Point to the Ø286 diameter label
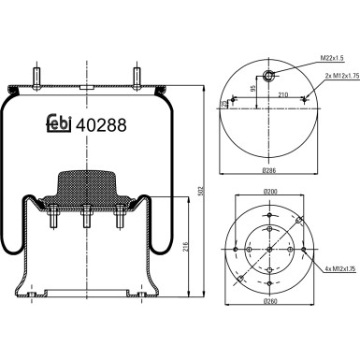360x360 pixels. [x=268, y=171]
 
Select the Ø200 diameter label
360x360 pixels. [x=269, y=194]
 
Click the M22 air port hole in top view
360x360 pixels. [x=268, y=76]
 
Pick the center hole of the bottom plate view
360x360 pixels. [x=268, y=250]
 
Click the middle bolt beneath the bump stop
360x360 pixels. [x=86, y=217]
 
